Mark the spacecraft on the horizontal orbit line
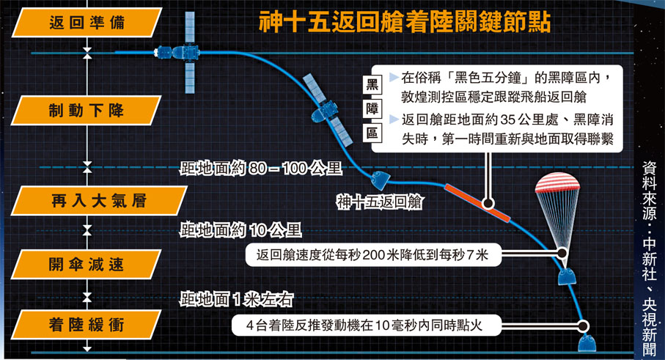180,53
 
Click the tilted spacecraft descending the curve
326,110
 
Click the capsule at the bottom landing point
589,344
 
